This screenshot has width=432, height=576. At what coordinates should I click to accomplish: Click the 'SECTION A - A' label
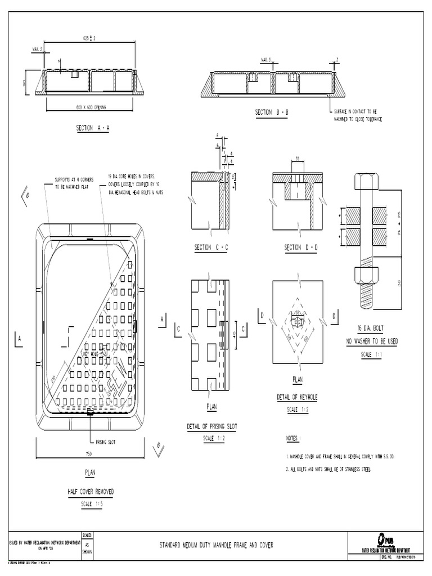pyautogui.click(x=92, y=128)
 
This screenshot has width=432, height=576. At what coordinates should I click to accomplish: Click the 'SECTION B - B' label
pyautogui.click(x=272, y=112)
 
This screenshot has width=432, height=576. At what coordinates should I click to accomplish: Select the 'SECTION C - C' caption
pyautogui.click(x=211, y=247)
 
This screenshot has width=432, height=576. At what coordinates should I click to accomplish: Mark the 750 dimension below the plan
pyautogui.click(x=88, y=453)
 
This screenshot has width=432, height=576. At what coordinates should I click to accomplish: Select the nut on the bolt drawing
pyautogui.click(x=366, y=275)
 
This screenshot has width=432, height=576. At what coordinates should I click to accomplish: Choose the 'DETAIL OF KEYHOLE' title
pyautogui.click(x=297, y=397)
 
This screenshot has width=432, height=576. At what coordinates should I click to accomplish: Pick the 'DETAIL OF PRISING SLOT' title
pyautogui.click(x=211, y=427)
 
